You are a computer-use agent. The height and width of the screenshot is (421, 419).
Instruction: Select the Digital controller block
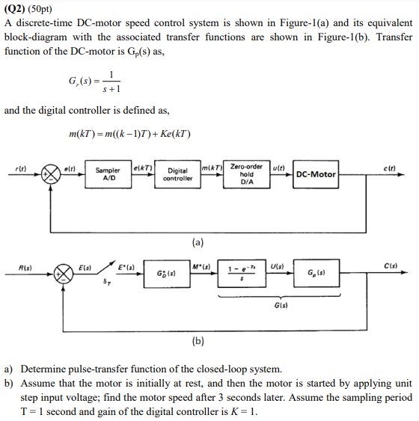(178, 175)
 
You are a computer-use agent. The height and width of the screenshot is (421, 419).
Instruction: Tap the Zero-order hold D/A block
(246, 174)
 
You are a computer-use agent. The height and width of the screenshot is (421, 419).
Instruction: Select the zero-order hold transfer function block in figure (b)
(240, 274)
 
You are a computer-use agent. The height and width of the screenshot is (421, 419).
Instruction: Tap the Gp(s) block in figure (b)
(323, 274)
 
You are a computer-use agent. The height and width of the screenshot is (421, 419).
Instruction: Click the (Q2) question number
(19, 8)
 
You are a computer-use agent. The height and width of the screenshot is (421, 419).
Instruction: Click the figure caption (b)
(198, 342)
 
